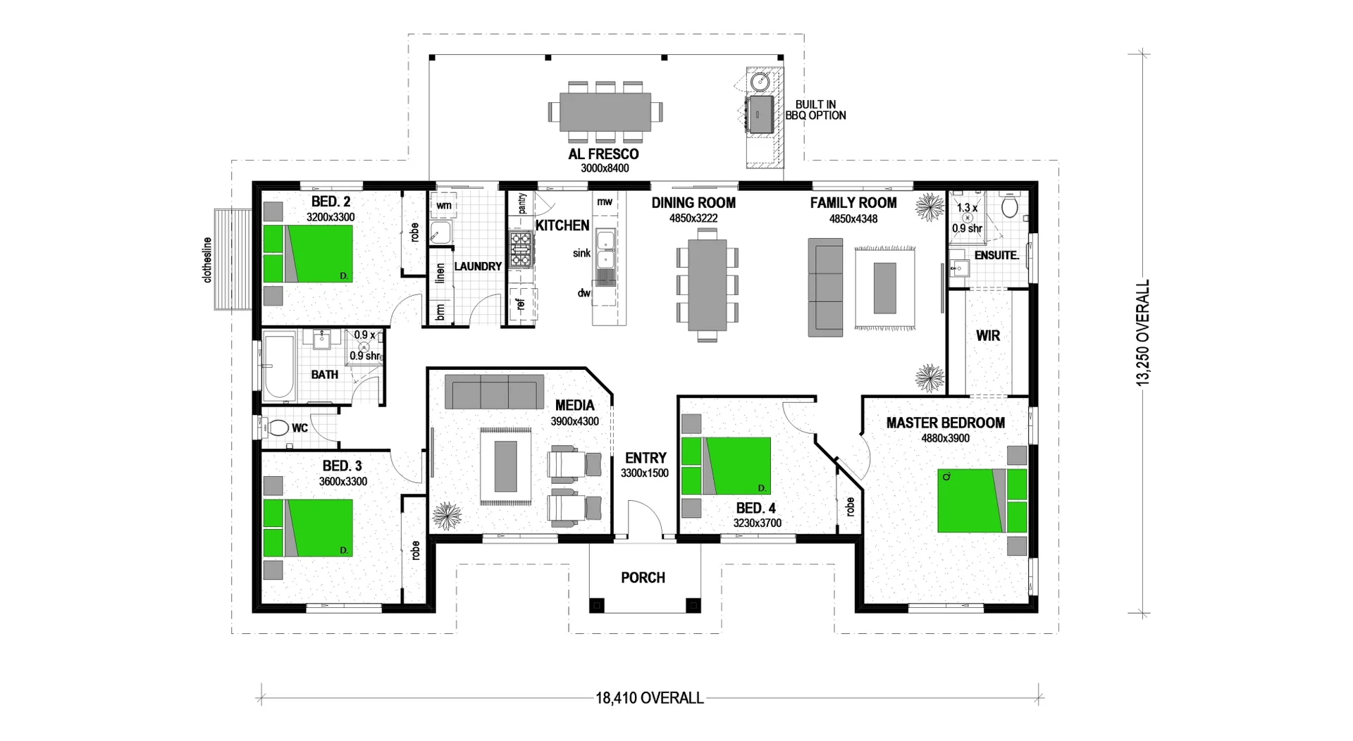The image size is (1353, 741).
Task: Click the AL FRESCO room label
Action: click(x=604, y=154)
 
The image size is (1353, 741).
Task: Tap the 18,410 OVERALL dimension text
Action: click(x=649, y=698)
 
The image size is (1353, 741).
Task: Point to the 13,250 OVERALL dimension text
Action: click(x=1142, y=332)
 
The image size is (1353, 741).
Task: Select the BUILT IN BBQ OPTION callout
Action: click(x=815, y=110)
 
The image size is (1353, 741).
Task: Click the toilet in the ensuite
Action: click(x=1010, y=206)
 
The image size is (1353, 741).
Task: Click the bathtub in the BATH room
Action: click(x=280, y=366)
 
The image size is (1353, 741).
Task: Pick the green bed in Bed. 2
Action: click(x=308, y=254)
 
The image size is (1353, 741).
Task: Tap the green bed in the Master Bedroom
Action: click(x=981, y=500)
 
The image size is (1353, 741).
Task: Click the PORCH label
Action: click(x=643, y=578)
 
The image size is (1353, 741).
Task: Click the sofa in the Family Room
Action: click(x=825, y=287)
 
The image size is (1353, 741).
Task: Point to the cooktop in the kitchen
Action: click(x=521, y=249)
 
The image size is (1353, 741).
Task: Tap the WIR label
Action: click(x=987, y=336)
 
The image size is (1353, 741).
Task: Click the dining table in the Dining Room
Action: click(x=707, y=285)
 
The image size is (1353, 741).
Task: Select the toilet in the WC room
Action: click(x=277, y=428)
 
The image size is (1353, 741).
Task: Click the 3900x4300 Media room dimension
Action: click(x=574, y=421)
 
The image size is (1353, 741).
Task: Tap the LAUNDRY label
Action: click(x=478, y=266)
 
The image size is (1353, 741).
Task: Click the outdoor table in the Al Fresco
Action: click(x=605, y=112)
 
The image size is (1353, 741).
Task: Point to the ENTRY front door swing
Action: click(x=643, y=519)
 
